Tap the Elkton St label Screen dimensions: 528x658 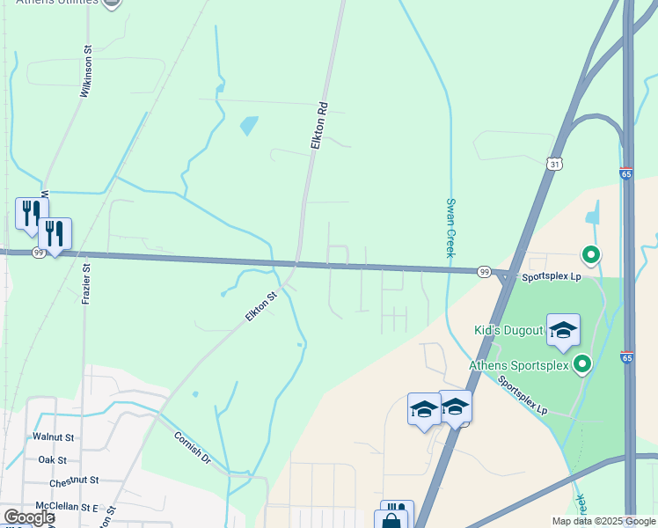(260, 306)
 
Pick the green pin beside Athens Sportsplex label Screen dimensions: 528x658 (581, 363)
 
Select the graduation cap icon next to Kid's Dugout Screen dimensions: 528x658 (563, 331)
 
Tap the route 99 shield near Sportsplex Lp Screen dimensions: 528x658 (484, 272)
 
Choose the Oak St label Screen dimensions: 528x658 (53, 459)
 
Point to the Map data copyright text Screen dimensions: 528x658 (603, 521)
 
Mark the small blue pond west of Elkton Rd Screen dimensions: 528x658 (249, 126)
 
